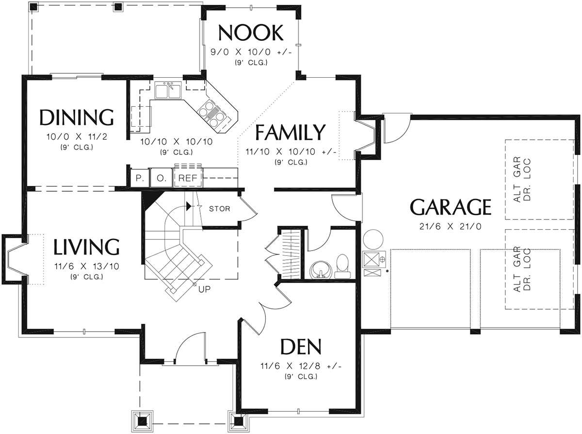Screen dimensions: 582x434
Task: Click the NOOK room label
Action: coord(251,33)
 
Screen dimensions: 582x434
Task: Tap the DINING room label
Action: coord(77,117)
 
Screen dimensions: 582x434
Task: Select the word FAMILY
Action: coord(290,133)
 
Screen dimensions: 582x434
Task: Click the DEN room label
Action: coord(301,347)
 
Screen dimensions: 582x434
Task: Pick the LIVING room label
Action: coord(86,247)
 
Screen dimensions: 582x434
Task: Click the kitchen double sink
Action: coord(168,90)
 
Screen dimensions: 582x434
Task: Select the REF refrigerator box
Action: coord(188,178)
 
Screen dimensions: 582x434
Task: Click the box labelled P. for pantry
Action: coord(140,178)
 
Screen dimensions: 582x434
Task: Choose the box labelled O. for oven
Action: coord(161,178)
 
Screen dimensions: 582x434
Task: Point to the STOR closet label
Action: coord(219,209)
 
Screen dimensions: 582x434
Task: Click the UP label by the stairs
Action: coord(204,289)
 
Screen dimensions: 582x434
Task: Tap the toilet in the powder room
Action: coord(342,267)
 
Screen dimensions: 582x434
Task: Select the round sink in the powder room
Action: coord(321,270)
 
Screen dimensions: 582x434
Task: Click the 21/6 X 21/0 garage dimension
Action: coord(450,226)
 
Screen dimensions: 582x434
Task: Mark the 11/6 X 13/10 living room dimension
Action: coord(87,267)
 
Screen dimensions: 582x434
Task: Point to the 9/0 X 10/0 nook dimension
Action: coord(251,52)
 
